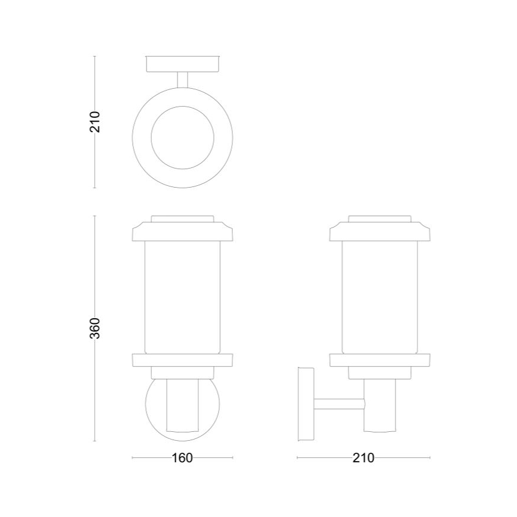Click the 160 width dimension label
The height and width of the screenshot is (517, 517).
pos(182,458)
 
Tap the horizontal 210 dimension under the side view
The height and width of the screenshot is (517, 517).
pos(363,458)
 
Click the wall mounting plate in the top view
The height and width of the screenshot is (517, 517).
pos(182,64)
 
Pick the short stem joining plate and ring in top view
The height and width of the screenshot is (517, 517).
pos(182,80)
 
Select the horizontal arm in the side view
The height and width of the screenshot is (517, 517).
pos(340,403)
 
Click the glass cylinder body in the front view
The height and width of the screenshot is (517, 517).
pos(182,295)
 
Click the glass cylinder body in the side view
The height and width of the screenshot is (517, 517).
pos(380,295)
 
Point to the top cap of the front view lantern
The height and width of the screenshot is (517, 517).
pos(182,229)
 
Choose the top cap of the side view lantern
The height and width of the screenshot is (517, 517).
pos(380,229)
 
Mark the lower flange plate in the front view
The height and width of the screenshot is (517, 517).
pos(182,360)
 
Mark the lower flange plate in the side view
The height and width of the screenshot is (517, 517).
pos(380,360)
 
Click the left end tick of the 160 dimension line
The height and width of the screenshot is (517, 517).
pos(132,458)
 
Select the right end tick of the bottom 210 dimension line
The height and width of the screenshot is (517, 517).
pos(429,458)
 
